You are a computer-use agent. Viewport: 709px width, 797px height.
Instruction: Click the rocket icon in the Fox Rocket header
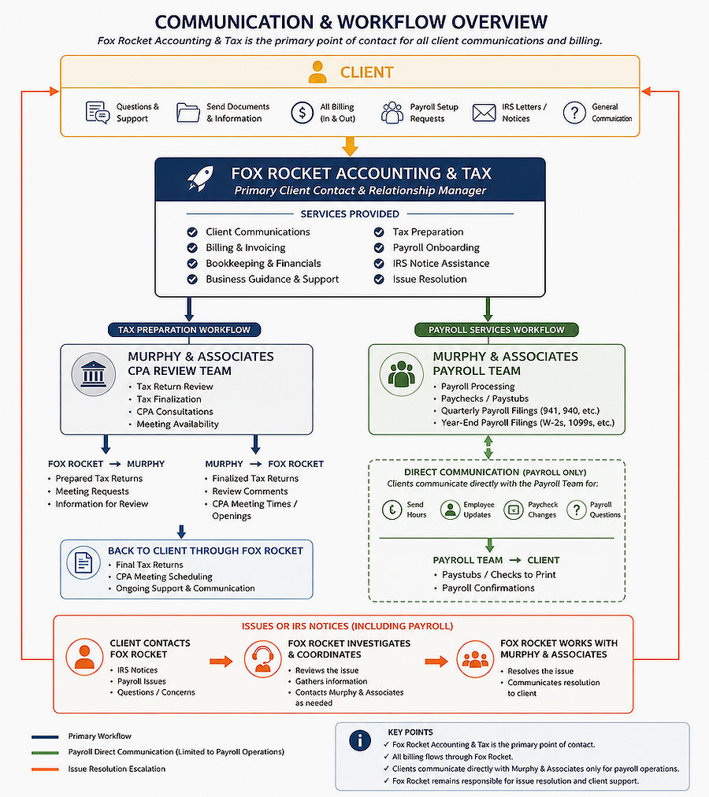click(200, 179)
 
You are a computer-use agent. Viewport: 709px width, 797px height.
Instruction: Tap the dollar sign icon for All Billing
click(302, 113)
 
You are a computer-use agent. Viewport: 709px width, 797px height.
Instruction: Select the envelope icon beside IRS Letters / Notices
click(484, 113)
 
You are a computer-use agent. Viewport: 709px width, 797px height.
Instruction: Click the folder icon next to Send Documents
click(187, 113)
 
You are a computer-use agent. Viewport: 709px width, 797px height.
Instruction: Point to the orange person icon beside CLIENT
click(317, 72)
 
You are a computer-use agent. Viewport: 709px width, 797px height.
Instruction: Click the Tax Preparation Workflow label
click(184, 330)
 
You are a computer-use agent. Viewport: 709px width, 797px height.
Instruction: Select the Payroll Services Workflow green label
click(496, 330)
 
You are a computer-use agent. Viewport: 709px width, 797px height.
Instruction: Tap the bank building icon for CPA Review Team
click(94, 375)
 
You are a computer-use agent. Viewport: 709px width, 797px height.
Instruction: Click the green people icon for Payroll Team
click(401, 375)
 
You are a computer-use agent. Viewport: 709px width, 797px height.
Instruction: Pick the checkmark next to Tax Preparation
click(379, 232)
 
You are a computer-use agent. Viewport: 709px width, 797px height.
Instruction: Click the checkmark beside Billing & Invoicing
click(192, 248)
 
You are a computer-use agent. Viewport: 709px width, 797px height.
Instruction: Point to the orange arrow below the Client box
click(350, 146)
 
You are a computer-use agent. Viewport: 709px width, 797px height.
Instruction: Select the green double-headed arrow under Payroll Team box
click(488, 447)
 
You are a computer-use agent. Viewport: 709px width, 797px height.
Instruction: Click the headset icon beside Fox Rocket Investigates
click(262, 658)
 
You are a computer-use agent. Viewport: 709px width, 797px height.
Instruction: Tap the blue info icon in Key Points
click(360, 740)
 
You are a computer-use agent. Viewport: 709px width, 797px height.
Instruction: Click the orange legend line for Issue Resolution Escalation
click(45, 769)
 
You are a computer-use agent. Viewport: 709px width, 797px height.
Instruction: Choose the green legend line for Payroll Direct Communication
click(45, 752)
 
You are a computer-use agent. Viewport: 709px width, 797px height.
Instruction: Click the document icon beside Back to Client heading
click(84, 562)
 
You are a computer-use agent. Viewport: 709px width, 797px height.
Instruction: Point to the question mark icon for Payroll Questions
click(576, 510)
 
